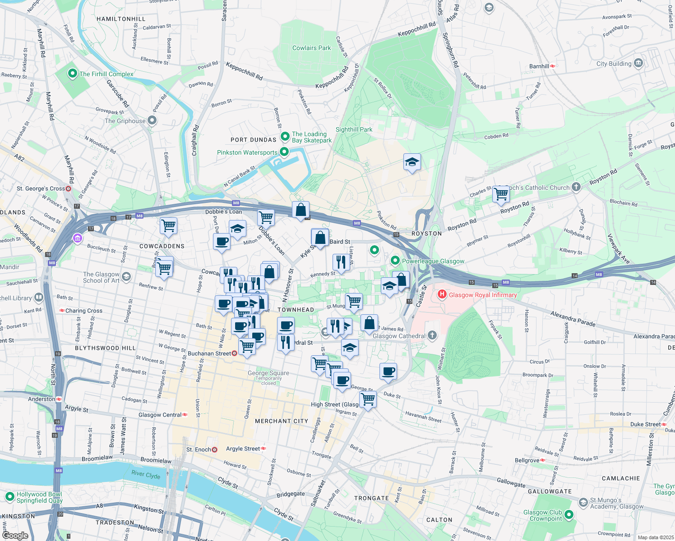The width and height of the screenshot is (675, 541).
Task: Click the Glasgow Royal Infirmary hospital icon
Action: pyautogui.click(x=442, y=295)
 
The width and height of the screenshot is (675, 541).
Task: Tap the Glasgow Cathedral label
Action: pyautogui.click(x=399, y=336)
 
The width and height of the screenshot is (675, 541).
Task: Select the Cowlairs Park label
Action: pyautogui.click(x=311, y=48)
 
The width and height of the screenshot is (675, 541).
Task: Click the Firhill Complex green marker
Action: pyautogui.click(x=72, y=73)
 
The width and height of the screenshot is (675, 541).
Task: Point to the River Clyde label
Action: pyautogui.click(x=146, y=474)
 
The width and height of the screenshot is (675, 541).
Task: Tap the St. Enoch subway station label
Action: pyautogui.click(x=199, y=449)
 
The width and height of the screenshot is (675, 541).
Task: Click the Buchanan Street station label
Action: pyautogui.click(x=209, y=353)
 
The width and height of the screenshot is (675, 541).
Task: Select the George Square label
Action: pyautogui.click(x=268, y=373)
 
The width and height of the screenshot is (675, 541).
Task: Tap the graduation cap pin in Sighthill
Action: pyautogui.click(x=412, y=162)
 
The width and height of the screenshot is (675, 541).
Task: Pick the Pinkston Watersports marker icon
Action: pyautogui.click(x=284, y=152)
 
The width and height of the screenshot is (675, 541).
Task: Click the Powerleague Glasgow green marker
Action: pyautogui.click(x=395, y=261)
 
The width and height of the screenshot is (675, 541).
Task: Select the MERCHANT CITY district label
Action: pyautogui.click(x=282, y=421)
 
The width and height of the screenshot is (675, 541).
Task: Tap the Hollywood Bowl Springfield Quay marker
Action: pyautogui.click(x=10, y=497)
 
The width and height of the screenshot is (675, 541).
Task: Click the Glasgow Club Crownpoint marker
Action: pyautogui.click(x=569, y=514)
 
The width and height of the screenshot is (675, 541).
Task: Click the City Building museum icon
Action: pyautogui.click(x=638, y=63)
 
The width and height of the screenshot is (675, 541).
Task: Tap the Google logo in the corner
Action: pyautogui.click(x=15, y=535)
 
